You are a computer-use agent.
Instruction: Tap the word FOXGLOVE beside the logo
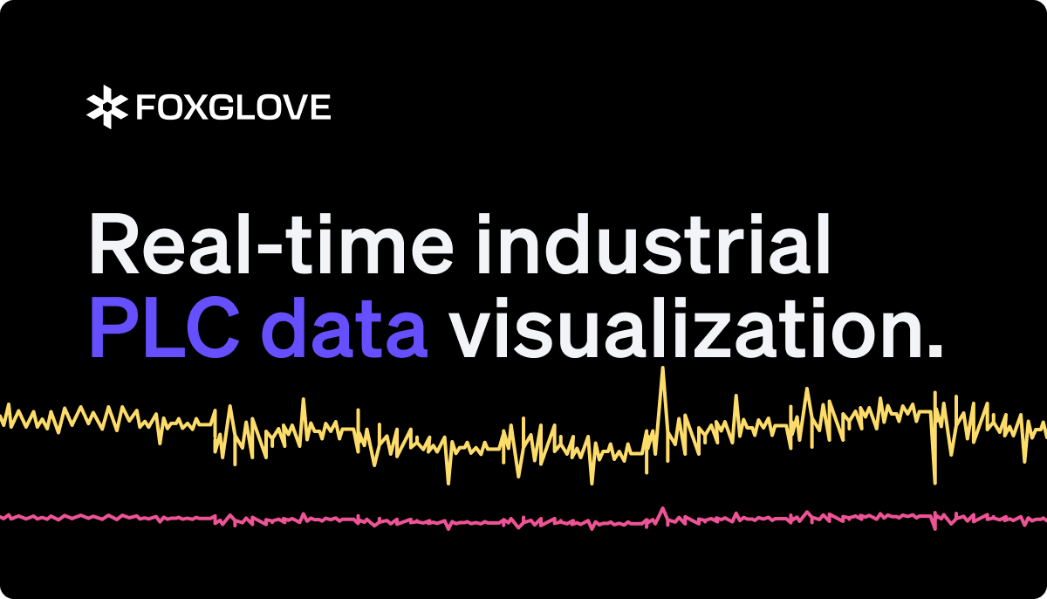pos(233,108)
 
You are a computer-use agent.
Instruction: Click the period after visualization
pos(934,351)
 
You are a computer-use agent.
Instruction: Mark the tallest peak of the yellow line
pos(663,369)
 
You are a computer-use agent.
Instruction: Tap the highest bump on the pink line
pos(663,508)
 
